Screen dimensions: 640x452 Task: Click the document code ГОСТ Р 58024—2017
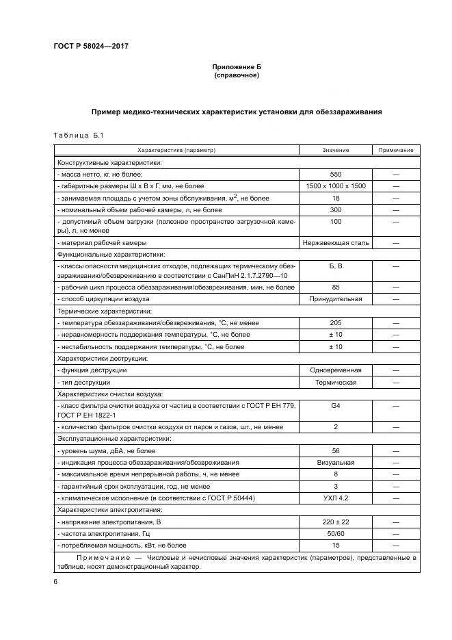[x=91, y=47]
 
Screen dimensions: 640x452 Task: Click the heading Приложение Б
[x=237, y=66]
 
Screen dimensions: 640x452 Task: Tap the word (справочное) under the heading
[x=237, y=75]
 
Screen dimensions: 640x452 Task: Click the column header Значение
[x=335, y=150]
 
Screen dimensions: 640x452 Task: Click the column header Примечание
[x=396, y=150]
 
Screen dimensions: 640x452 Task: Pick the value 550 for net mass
[x=335, y=174]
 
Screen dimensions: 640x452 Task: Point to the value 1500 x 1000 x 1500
[x=335, y=185]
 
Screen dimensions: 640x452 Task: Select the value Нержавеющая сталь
[x=335, y=242]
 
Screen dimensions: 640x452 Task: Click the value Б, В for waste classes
[x=335, y=266]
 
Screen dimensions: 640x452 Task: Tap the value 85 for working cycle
[x=335, y=287]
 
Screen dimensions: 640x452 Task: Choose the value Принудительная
[x=335, y=299]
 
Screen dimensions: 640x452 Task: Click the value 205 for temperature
[x=335, y=322]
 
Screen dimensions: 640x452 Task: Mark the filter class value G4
[x=335, y=405]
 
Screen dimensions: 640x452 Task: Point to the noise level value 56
[x=335, y=451]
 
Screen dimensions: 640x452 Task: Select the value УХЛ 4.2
[x=335, y=498]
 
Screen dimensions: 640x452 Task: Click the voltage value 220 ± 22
[x=335, y=522]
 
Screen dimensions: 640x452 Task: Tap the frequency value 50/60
[x=335, y=534]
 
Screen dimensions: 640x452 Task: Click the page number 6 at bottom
[x=55, y=581]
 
